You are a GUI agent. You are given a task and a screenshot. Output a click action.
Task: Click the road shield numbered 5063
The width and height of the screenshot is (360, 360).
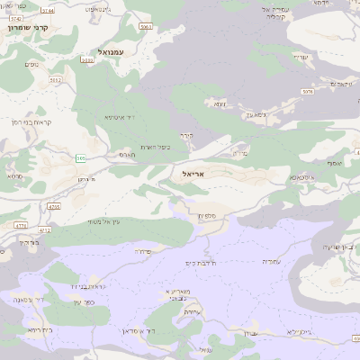tap(146, 27)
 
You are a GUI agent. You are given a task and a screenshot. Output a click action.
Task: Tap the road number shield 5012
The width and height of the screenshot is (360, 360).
tap(56, 80)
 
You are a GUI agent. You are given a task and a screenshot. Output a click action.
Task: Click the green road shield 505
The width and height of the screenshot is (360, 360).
tap(81, 158)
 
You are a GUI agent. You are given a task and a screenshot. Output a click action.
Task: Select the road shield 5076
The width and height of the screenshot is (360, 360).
tap(308, 91)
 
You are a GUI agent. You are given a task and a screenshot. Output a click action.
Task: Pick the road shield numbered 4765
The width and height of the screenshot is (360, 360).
tap(54, 206)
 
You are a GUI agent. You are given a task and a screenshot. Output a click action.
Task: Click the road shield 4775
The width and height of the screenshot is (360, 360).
tap(21, 225)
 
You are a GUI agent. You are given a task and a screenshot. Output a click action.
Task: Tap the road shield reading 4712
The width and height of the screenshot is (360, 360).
tap(45, 230)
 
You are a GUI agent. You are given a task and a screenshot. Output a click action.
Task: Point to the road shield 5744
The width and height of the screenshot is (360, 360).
tap(47, 10)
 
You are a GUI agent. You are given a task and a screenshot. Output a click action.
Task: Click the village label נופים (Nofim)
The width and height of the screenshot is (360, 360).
tap(31, 62)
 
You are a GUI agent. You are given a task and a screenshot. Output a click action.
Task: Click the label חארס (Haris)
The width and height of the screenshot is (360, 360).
tap(127, 155)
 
